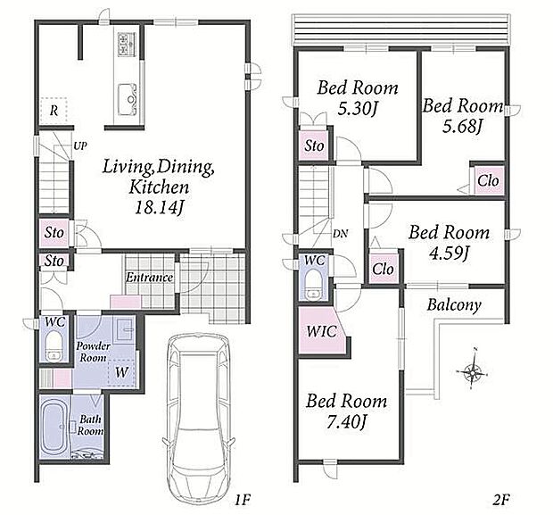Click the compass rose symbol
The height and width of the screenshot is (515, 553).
pyautogui.click(x=472, y=371)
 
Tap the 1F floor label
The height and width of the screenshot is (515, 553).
pyautogui.click(x=243, y=500)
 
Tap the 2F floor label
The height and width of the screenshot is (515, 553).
pyautogui.click(x=500, y=500)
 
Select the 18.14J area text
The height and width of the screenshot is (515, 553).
pyautogui.click(x=159, y=208)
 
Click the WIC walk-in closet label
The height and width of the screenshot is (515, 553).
pyautogui.click(x=321, y=331)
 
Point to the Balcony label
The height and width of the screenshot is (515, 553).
pyautogui.click(x=454, y=305)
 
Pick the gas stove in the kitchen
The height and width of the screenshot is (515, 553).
pyautogui.click(x=127, y=45)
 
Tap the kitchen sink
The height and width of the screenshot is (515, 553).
pyautogui.click(x=127, y=100)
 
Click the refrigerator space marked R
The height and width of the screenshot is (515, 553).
pyautogui.click(x=54, y=111)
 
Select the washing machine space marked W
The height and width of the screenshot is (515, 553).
pyautogui.click(x=121, y=372)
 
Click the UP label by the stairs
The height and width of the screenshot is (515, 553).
pyautogui.click(x=80, y=145)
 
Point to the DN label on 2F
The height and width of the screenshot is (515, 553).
pyautogui.click(x=341, y=233)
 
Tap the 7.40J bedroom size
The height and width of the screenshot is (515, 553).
pyautogui.click(x=346, y=421)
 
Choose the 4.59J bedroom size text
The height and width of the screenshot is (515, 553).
pyautogui.click(x=449, y=253)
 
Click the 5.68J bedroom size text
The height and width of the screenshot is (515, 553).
pyautogui.click(x=462, y=127)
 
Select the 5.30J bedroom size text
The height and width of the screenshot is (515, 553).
pyautogui.click(x=358, y=108)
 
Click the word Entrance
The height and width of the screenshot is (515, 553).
pyautogui.click(x=149, y=278)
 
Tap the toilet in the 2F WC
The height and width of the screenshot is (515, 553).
pyautogui.click(x=314, y=285)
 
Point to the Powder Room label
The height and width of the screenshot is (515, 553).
pyautogui.click(x=93, y=352)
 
